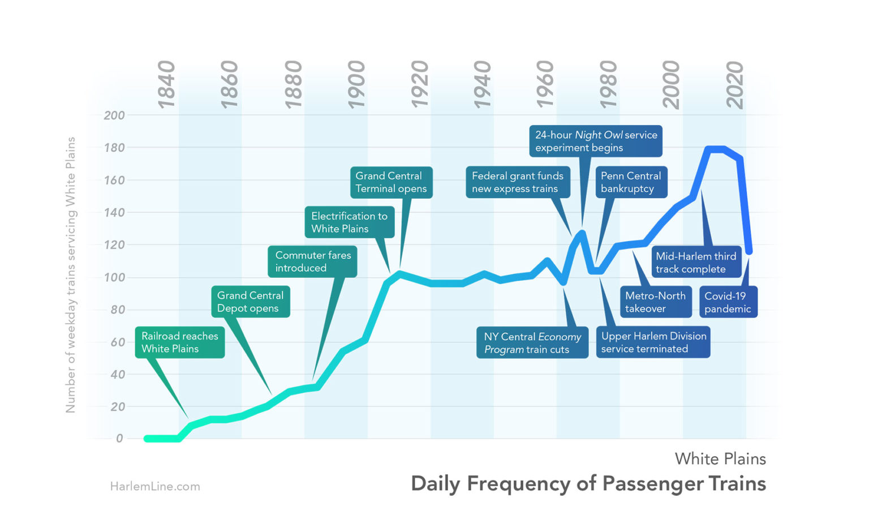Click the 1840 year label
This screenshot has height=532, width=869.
[x=167, y=85]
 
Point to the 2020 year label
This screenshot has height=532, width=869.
[x=735, y=85]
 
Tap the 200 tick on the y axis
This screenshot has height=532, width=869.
[x=114, y=115]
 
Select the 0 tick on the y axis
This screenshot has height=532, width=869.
[x=119, y=439]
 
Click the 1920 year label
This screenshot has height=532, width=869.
[x=419, y=85]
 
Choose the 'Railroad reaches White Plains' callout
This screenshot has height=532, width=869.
[x=180, y=342]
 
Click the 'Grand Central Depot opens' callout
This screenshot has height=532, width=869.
[x=250, y=302]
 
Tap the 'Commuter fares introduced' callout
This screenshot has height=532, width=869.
[x=312, y=261]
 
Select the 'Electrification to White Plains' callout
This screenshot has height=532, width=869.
[x=349, y=222]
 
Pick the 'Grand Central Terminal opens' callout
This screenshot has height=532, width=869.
[x=391, y=182]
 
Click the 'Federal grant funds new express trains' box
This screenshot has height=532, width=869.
[x=517, y=182]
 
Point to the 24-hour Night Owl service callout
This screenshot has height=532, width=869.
[x=596, y=141]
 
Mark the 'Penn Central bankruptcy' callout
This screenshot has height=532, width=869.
[x=631, y=182]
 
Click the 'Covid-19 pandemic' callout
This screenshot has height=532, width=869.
[x=728, y=302]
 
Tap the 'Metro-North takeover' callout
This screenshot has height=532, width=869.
[x=655, y=302]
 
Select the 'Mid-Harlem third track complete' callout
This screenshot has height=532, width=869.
[x=696, y=263]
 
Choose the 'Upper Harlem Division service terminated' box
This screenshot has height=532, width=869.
[x=653, y=342]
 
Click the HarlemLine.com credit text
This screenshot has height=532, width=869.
[x=155, y=486]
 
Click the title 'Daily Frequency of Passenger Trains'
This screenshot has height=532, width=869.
[x=588, y=484]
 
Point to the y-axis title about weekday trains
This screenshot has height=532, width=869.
[x=71, y=274]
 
